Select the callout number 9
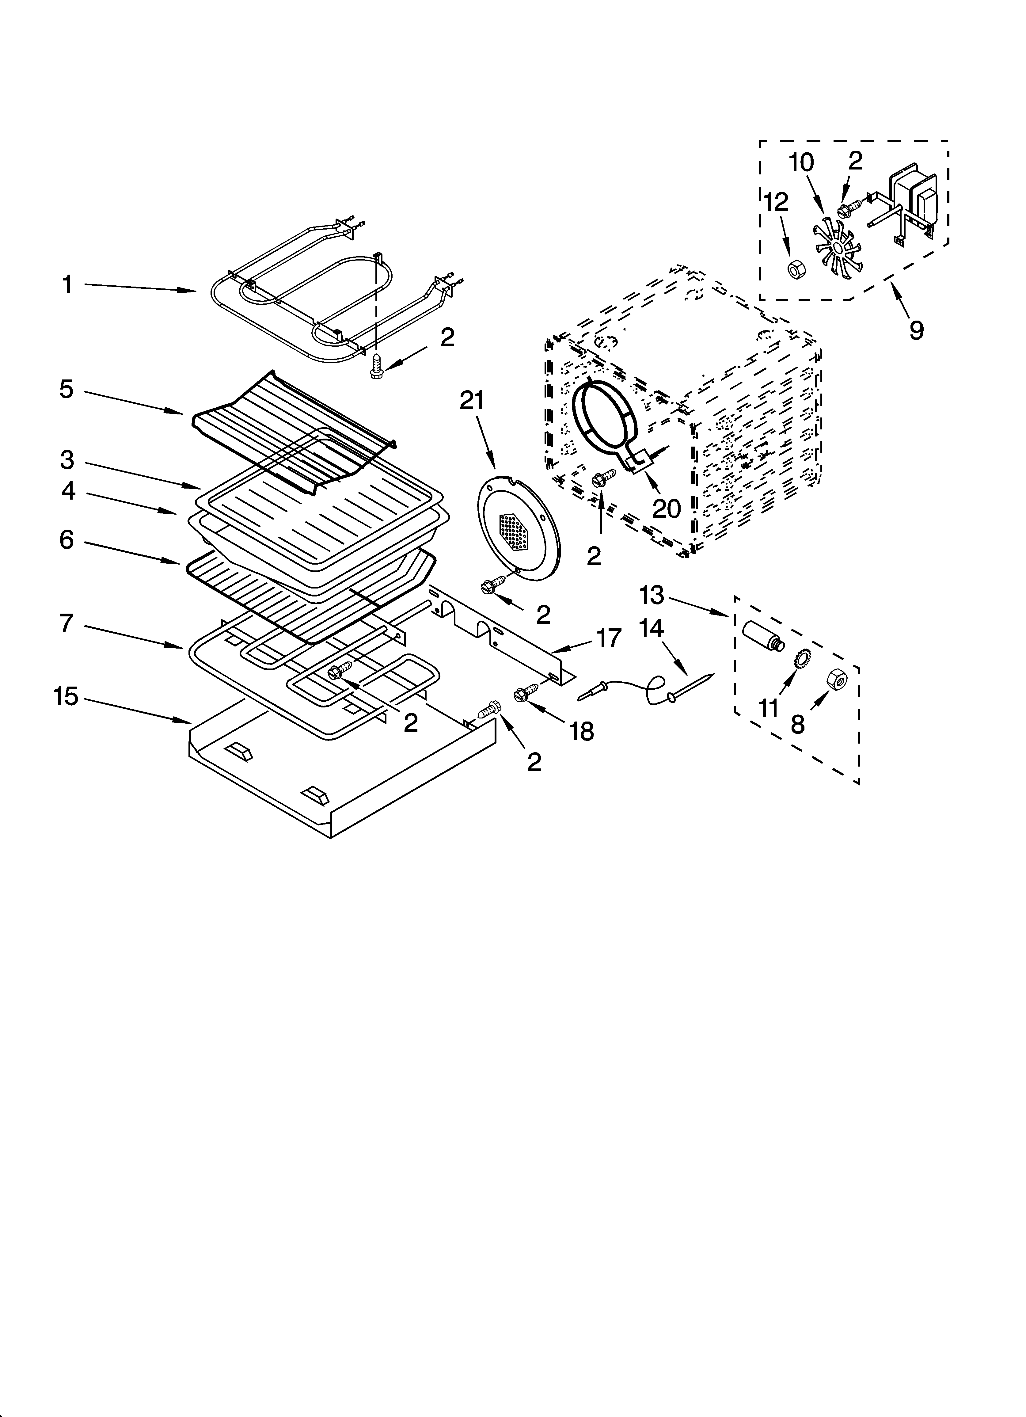coord(916,330)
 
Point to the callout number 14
coord(651,629)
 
